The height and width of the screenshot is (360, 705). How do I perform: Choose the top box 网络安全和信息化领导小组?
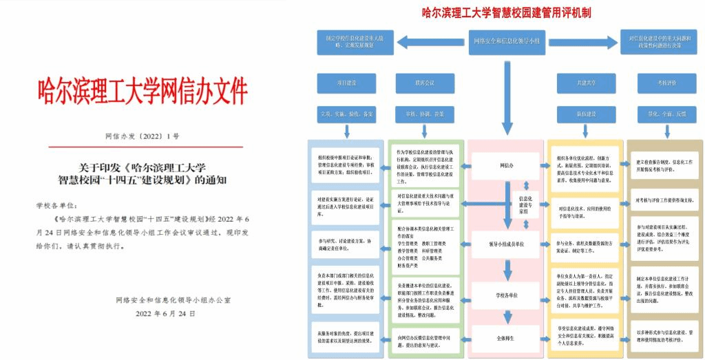[x=507, y=41]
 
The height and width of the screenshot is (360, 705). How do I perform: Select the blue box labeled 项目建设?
[x=347, y=83]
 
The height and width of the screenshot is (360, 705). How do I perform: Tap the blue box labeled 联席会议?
[x=425, y=83]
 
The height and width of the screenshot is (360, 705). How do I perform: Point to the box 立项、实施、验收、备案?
[x=347, y=113]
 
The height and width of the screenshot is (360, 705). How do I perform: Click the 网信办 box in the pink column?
[x=507, y=165]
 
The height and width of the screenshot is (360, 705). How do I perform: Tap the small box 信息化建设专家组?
[x=525, y=204]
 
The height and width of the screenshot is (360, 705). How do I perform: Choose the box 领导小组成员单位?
[x=507, y=243]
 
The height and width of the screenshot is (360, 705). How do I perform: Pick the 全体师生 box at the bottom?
[x=507, y=338]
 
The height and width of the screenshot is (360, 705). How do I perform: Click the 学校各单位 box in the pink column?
[x=507, y=295]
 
